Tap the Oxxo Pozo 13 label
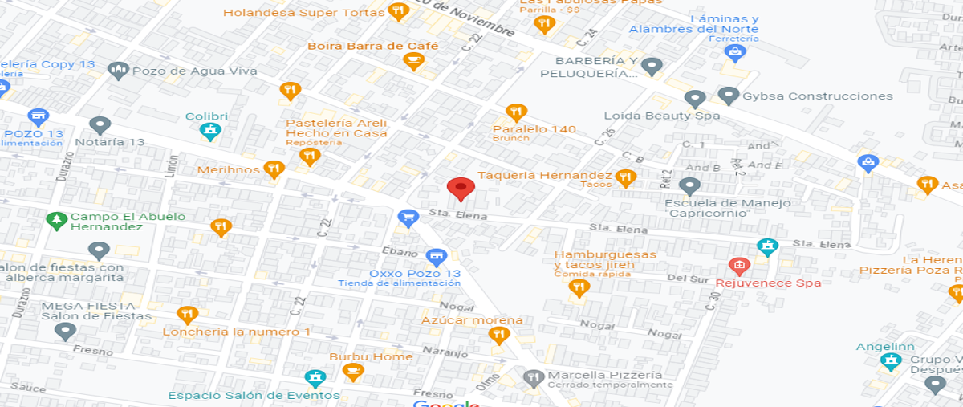click(x=399, y=273)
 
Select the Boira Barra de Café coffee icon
click(x=414, y=61)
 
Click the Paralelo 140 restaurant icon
click(x=516, y=112)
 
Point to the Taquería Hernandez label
click(x=544, y=175)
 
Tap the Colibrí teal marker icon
click(x=210, y=131)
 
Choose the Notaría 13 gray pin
click(x=100, y=125)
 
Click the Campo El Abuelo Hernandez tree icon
click(x=55, y=219)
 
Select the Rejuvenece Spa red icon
click(x=738, y=266)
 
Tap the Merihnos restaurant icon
click(x=274, y=169)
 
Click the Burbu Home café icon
click(x=351, y=372)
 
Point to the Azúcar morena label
click(x=472, y=320)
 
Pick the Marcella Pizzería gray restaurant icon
click(x=533, y=376)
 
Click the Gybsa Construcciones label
click(x=817, y=96)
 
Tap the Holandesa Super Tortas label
click(x=303, y=13)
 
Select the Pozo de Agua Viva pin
click(x=119, y=71)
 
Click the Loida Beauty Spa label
click(x=661, y=116)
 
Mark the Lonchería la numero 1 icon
click(x=186, y=315)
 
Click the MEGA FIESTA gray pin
click(x=65, y=330)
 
